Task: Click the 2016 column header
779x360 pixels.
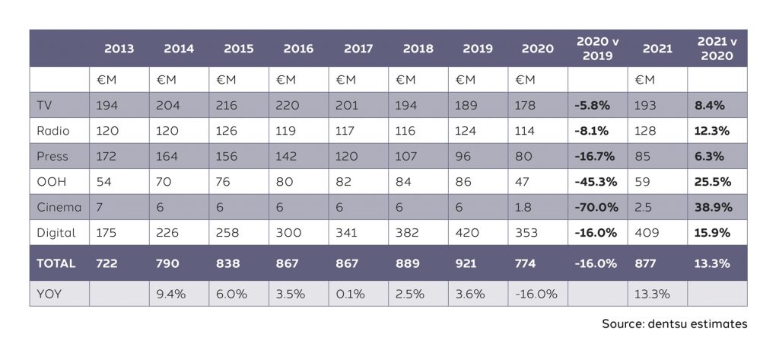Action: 298,49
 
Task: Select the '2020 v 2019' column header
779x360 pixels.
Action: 597,48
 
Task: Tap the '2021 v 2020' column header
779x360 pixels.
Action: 715,48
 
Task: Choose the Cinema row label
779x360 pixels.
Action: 57,207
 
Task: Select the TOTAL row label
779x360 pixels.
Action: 56,263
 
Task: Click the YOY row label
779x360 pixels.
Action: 49,294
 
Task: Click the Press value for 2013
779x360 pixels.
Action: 108,156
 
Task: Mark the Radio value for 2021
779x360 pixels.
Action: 645,131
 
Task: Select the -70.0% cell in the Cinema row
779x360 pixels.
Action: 596,207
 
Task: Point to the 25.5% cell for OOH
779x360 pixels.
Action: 712,181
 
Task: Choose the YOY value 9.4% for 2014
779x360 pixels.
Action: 171,294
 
